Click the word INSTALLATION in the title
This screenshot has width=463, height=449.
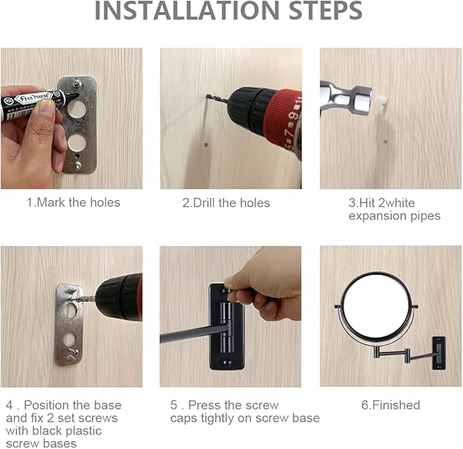click(187, 11)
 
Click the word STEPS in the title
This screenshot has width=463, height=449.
click(325, 11)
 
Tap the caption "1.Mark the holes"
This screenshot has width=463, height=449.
click(74, 203)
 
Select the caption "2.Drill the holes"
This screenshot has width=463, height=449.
click(226, 203)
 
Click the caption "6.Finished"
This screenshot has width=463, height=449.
click(391, 405)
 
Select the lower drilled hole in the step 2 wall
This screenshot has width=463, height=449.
click(207, 145)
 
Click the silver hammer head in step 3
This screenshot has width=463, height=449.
click(346, 98)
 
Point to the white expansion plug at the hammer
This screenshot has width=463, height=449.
click(382, 100)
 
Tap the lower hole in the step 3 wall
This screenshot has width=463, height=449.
click(385, 142)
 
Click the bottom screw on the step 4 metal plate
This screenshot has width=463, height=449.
click(72, 358)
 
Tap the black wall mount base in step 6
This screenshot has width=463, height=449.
click(439, 353)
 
